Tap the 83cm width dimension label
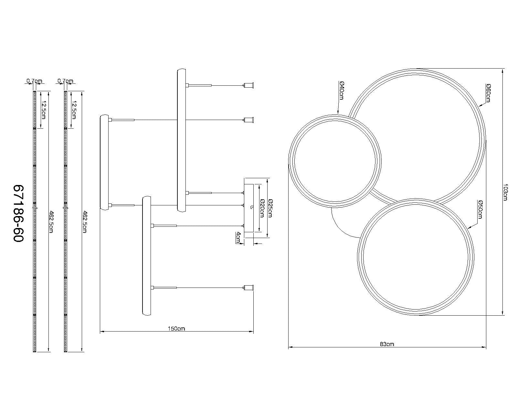[x=387, y=344]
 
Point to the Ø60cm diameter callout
[x=488, y=93]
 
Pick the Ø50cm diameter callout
[x=480, y=209]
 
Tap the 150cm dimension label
[x=176, y=329]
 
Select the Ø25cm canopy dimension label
[x=270, y=208]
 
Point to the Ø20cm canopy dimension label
[x=261, y=208]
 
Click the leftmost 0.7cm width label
[x=34, y=81]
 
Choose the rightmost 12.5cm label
[x=74, y=110]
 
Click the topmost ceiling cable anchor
[x=249, y=85]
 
